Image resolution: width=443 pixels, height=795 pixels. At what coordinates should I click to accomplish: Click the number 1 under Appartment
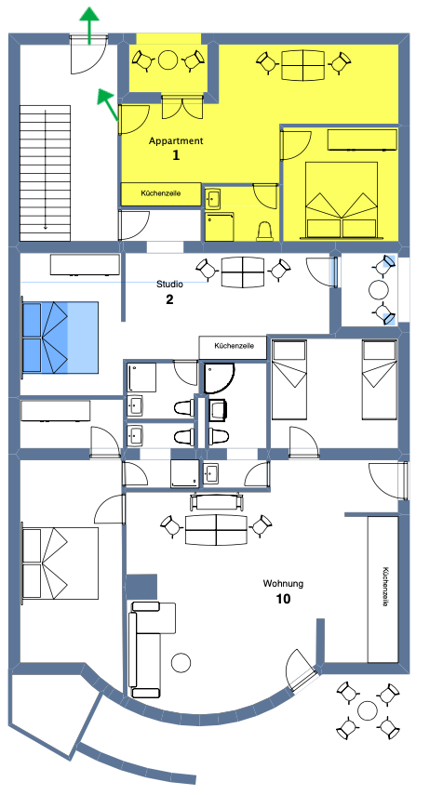click(176, 155)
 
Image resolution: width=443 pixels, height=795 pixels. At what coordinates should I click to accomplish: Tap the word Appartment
click(176, 141)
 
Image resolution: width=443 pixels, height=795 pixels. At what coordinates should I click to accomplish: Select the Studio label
click(169, 285)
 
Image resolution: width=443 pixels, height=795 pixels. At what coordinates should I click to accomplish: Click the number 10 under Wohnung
click(283, 599)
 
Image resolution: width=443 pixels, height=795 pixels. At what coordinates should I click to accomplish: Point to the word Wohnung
click(283, 584)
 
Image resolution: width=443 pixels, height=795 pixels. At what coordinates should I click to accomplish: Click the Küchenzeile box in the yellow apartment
click(161, 193)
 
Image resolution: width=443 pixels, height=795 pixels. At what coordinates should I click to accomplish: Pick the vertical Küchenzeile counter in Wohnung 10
click(383, 590)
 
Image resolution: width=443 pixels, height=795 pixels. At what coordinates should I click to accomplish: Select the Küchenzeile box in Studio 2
click(233, 347)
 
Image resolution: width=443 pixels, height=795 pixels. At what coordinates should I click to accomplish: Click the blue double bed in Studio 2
click(60, 338)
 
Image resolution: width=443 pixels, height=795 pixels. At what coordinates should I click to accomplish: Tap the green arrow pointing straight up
click(89, 25)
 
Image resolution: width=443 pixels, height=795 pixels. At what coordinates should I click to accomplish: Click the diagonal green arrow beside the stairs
click(108, 104)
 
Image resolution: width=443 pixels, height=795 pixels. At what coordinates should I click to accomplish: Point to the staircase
click(46, 173)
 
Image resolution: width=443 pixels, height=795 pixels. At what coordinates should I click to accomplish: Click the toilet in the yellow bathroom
click(266, 232)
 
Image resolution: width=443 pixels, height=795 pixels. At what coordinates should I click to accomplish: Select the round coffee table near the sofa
click(181, 662)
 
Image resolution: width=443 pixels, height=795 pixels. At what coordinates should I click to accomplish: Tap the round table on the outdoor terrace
click(368, 710)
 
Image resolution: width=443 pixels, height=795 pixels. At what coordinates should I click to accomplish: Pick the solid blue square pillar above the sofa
click(141, 587)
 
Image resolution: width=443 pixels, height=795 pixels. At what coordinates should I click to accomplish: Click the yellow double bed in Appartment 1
click(341, 200)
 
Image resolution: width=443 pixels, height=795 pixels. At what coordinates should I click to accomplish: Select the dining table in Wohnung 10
click(216, 529)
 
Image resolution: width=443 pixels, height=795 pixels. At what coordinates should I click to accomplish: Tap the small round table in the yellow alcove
click(168, 60)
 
